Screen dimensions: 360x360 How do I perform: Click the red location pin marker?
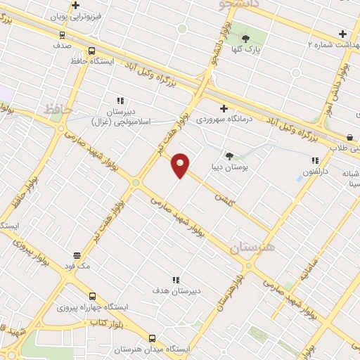coord(181,165)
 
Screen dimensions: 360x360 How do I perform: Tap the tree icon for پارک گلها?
coord(246,38)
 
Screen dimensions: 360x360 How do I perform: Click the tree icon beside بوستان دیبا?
coord(229,155)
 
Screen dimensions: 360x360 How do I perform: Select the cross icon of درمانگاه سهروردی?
coord(224,108)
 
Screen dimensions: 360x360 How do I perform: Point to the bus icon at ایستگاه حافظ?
coord(91,51)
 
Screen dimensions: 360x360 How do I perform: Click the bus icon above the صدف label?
coord(62,34)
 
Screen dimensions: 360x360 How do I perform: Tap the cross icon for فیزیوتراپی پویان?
coord(75,6)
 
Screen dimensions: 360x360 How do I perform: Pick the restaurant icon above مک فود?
coord(76,255)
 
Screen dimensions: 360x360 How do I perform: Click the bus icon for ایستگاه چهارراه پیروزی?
coord(91,296)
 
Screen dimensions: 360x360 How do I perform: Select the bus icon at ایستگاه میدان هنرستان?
coord(152,337)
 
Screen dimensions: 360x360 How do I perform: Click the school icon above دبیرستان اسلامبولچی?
coord(120,101)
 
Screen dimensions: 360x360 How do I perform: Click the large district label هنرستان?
coord(253,247)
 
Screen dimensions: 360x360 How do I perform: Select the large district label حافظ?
coord(58,109)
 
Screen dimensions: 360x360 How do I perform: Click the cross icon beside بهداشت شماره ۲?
coord(342,34)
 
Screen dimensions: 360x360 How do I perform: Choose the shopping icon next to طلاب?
coord(349,137)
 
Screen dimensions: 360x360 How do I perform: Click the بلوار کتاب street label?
coord(101,323)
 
